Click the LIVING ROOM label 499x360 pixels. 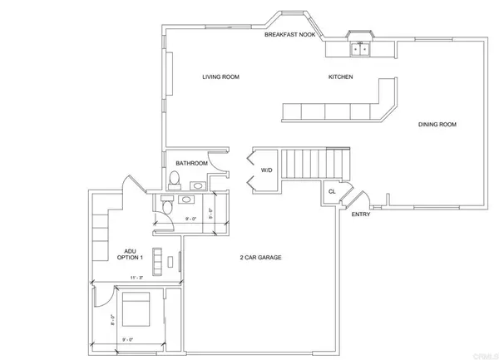[220, 77]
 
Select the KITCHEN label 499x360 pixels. [340, 77]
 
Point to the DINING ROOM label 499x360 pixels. [437, 125]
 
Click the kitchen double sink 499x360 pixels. [359, 49]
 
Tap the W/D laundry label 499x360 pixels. [267, 170]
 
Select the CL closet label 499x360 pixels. [331, 191]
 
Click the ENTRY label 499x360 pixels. [361, 215]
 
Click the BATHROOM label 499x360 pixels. [190, 163]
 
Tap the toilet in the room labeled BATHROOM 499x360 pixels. [174, 180]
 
